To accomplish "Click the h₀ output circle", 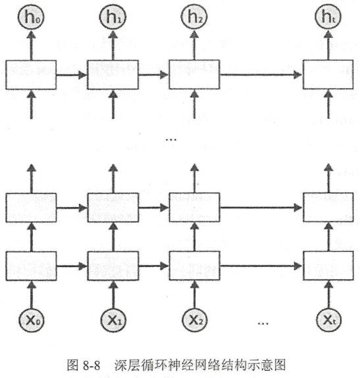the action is tap(31, 17).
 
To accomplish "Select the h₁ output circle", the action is tap(113, 17).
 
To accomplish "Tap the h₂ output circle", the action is tap(194, 17).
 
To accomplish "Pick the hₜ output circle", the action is tap(328, 17).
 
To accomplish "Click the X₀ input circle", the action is tap(32, 320).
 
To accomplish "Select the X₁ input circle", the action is tap(113, 320).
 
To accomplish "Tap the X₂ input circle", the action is tap(195, 320).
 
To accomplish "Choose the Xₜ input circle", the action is tap(328, 320).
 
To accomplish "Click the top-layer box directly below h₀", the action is tap(31, 75).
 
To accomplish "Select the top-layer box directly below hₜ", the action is tap(328, 75).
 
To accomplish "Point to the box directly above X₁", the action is tap(113, 266).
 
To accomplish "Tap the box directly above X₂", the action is tap(195, 266).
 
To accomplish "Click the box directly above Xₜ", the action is tap(328, 266).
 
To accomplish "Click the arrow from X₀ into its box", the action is tap(32, 295).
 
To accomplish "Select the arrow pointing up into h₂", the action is tap(194, 45).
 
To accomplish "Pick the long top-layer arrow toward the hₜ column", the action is tap(261, 75).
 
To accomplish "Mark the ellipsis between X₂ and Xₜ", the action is tap(263, 323).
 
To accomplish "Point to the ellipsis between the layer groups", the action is tap(171, 139).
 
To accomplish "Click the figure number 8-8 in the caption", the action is tap(91, 366).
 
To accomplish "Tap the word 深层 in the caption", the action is tap(126, 366).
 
